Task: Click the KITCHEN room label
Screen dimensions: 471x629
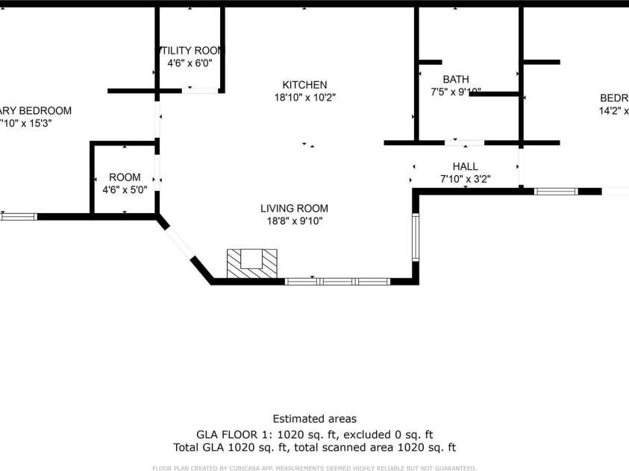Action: tap(304, 85)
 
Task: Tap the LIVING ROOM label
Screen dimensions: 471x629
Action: tap(294, 209)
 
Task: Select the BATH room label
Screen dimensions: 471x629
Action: tap(455, 80)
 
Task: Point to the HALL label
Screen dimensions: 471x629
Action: tap(465, 166)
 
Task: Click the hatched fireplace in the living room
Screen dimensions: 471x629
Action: tap(252, 263)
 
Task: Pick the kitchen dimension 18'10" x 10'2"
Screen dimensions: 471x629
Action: tap(304, 98)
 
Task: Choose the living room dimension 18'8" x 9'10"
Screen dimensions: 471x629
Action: tap(294, 221)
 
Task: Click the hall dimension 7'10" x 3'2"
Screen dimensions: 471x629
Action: tap(465, 179)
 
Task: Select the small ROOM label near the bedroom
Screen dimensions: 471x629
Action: tap(125, 177)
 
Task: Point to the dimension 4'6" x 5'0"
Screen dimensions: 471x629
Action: tap(125, 190)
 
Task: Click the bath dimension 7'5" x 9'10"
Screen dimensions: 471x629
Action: tap(455, 92)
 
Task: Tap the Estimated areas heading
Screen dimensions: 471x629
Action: tap(314, 419)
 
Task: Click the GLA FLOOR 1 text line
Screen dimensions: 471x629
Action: tap(314, 434)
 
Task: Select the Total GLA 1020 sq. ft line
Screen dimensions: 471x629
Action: tap(314, 448)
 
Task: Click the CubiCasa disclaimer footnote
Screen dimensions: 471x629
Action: tap(314, 468)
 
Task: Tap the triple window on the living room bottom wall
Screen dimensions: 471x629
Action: tap(338, 282)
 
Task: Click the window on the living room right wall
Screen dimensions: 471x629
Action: tap(416, 237)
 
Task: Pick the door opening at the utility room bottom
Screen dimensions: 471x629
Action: tap(201, 90)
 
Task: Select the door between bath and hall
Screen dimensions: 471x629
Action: tap(463, 142)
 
